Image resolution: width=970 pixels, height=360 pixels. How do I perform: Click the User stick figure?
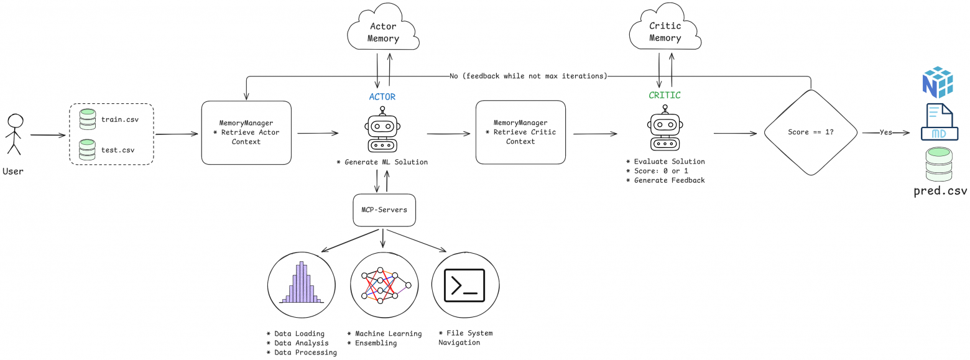point(14,134)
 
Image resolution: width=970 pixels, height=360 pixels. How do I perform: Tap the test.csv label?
point(118,150)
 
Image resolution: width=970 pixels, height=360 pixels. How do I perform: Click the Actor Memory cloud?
point(383,32)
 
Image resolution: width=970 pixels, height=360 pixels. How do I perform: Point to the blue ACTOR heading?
point(382,97)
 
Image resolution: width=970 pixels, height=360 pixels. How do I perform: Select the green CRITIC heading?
point(664,96)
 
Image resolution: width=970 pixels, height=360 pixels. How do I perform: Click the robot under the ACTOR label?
point(382,130)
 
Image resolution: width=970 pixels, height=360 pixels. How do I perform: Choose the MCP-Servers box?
point(384,210)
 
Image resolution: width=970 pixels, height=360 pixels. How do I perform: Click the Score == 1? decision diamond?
point(810,132)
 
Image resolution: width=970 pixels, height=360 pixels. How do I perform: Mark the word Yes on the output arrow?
point(885,132)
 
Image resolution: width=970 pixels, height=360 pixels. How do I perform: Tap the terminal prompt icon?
point(464,285)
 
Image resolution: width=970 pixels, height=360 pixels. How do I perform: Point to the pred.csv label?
point(940,190)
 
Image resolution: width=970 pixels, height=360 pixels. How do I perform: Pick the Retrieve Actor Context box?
point(246,132)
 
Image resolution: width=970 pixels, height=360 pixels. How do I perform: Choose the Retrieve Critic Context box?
point(520,132)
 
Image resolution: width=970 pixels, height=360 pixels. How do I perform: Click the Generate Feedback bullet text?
point(665,180)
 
